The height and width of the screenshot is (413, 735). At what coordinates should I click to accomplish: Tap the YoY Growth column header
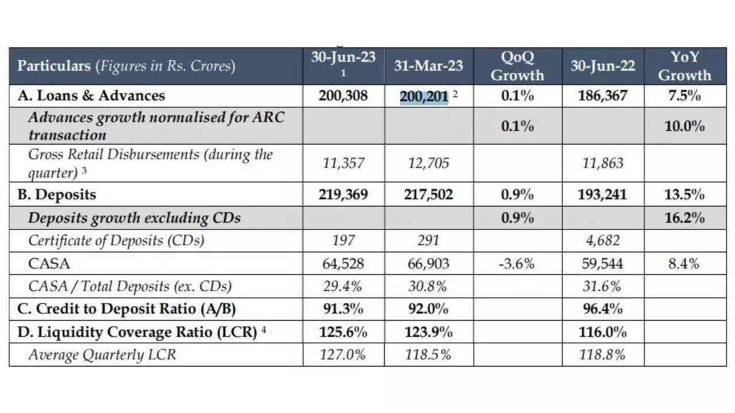pos(684,66)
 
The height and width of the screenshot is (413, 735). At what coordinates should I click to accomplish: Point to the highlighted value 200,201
pos(424,96)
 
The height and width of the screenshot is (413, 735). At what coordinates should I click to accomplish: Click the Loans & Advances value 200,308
pos(343,96)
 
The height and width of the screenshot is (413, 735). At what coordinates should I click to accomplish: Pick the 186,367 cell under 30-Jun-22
pos(602,96)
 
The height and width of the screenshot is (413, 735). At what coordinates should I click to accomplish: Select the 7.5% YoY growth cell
pos(684,96)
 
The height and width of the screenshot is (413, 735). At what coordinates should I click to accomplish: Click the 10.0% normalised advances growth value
pos(684,126)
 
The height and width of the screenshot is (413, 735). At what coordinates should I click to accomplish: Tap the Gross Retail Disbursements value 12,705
pos(428,163)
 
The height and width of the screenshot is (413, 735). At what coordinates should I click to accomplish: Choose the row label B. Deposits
pos(57,194)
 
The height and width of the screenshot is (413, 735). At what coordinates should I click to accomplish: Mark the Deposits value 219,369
pos(343,194)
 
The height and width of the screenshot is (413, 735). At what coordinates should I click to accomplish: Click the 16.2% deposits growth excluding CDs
pos(684,218)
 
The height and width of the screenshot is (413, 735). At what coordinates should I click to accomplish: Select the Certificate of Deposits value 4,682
pos(602,241)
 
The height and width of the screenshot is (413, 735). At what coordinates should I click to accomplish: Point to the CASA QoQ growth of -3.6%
pos(517,264)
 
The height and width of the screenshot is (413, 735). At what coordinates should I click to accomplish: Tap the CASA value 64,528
pos(343,264)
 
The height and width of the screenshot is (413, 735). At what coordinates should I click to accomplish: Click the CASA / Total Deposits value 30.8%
pos(428,286)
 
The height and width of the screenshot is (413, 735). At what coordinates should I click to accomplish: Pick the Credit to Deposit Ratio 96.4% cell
pos(602,309)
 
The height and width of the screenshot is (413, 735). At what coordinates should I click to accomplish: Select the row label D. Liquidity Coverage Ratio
pos(137,332)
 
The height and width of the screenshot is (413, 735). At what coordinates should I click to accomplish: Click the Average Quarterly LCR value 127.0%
pos(343,355)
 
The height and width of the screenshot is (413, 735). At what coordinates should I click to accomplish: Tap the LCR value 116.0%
pos(602,332)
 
